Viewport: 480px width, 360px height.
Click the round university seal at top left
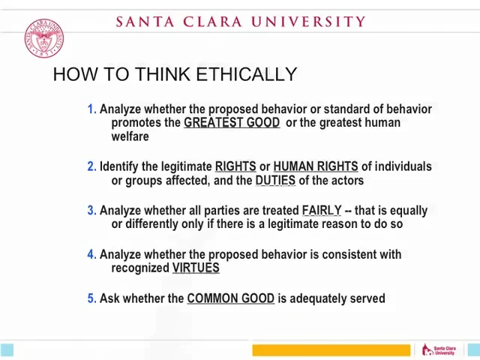[x=43, y=39]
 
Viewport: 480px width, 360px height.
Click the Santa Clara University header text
[x=240, y=22]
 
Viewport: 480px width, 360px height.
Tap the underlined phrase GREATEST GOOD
[x=232, y=123]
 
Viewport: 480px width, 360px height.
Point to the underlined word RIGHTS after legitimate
[x=235, y=166]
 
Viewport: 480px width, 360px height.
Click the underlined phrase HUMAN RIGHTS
[x=315, y=166]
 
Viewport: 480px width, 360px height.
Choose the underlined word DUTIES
[x=275, y=181]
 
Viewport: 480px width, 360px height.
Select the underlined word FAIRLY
[x=321, y=211]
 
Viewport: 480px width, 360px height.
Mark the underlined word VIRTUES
[x=196, y=268]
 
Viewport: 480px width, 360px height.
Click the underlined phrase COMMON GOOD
[x=230, y=298]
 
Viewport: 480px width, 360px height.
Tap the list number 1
[x=91, y=109]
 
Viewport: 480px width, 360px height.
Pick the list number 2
[x=91, y=166]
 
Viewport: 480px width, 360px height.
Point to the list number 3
[x=91, y=211]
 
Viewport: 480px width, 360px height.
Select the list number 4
[x=91, y=255]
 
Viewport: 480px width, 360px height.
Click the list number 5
[x=91, y=298]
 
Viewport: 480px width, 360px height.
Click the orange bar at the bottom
[x=331, y=350]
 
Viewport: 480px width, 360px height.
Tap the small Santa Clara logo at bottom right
[x=439, y=350]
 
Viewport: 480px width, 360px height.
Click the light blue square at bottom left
[x=7, y=349]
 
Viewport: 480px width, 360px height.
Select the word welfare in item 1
[x=130, y=136]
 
